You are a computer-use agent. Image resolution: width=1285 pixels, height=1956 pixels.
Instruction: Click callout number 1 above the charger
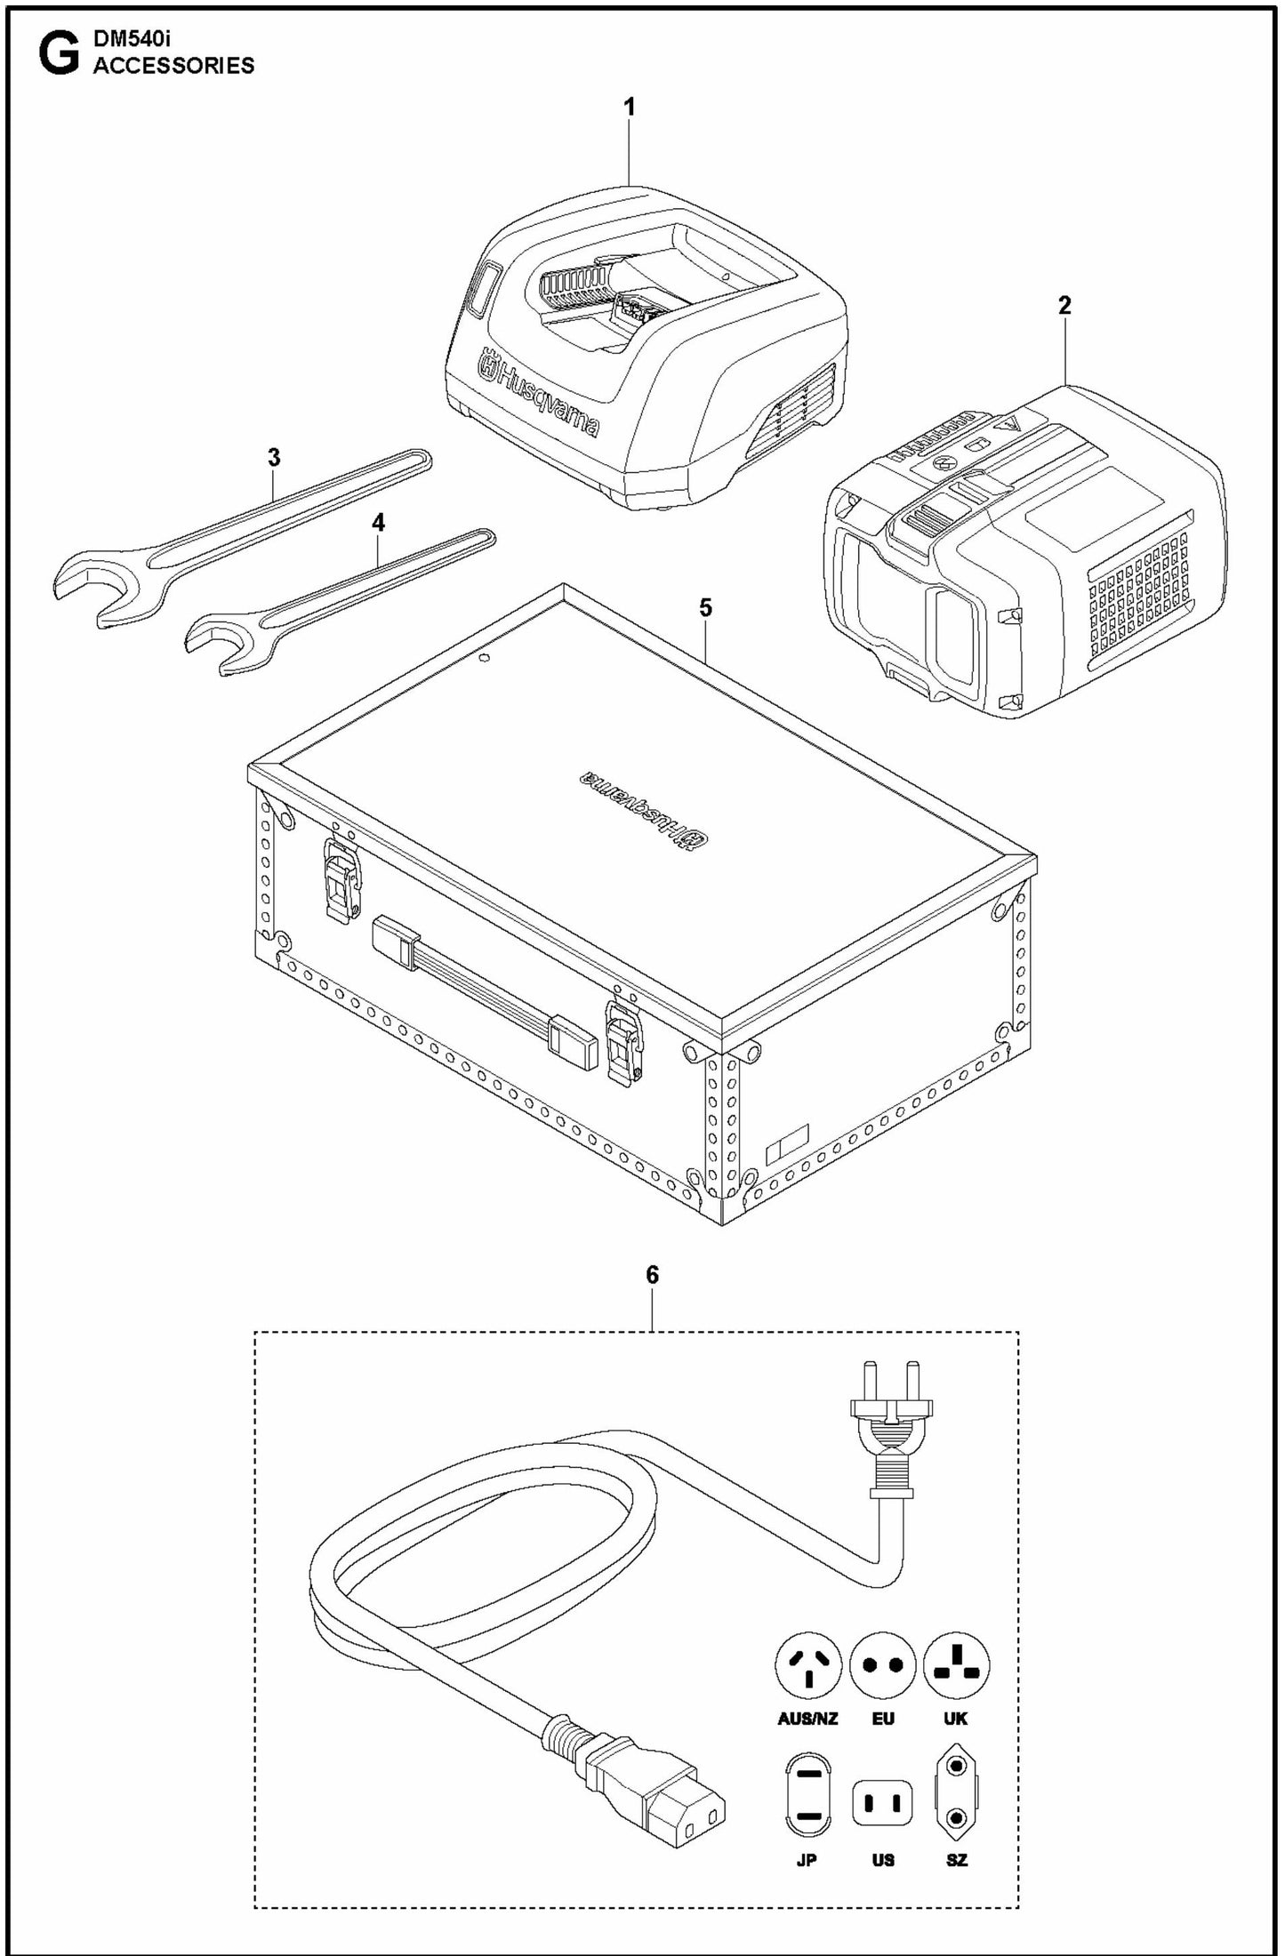point(630,108)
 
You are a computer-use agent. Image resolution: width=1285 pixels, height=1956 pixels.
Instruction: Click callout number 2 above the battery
point(1064,306)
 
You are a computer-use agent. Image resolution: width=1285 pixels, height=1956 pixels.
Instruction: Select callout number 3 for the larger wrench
point(274,458)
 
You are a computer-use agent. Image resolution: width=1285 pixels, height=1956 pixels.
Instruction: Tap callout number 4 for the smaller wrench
point(379,523)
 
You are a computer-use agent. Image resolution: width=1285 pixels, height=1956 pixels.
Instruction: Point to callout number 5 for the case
point(705,608)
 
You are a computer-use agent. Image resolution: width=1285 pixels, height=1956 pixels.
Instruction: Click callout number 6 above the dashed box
point(652,1275)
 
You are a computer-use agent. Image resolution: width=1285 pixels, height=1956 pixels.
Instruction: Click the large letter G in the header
point(58,57)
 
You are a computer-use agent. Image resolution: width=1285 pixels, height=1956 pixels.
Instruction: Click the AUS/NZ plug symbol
point(808,1665)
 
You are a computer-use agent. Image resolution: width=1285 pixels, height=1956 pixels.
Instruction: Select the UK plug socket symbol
point(956,1665)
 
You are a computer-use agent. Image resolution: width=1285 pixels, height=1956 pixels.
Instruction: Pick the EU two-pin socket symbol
point(882,1665)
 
